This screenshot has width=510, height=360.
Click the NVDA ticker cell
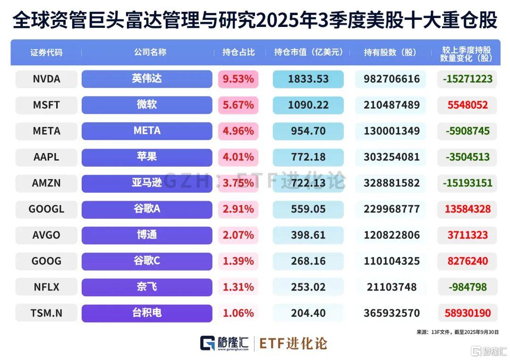coord(46,79)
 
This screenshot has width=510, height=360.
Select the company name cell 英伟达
coord(147,79)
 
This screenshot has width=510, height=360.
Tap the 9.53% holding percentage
coord(238,79)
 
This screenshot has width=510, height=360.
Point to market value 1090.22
coord(308,105)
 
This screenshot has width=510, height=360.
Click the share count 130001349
coord(391,131)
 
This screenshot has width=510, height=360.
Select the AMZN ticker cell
coord(46,183)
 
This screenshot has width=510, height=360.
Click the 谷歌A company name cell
coord(147,209)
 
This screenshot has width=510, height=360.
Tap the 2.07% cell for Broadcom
coord(238,235)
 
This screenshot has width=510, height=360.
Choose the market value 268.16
coord(308,261)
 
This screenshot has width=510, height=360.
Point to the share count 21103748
coord(391,287)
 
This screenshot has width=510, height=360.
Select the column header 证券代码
coord(46,52)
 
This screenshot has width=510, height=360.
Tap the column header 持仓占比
coord(238,52)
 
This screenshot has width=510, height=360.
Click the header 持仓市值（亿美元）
coord(308,52)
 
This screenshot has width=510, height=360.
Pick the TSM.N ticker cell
coord(46,313)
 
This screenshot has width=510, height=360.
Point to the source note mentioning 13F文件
coord(457,332)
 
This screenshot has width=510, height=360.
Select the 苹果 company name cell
coord(147,157)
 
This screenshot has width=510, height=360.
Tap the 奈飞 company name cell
coord(147,287)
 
